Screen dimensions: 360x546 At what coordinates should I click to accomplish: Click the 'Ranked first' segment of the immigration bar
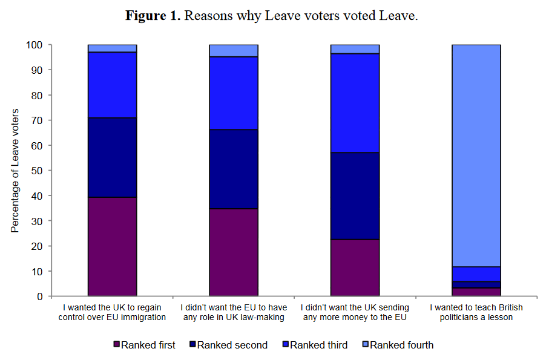click(112, 247)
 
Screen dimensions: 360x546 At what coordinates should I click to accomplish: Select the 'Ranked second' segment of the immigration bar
click(112, 157)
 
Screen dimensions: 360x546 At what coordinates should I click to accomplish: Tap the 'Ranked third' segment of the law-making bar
click(234, 93)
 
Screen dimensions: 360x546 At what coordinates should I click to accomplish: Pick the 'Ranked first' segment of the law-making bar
click(234, 252)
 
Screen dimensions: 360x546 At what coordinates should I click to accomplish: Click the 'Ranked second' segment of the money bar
click(355, 196)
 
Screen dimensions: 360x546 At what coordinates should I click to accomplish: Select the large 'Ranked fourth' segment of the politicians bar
click(476, 155)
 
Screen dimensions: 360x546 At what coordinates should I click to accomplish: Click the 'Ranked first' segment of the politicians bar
click(476, 292)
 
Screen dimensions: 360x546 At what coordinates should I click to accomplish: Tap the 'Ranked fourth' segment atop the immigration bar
click(112, 48)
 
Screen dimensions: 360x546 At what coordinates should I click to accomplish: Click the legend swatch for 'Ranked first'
click(117, 345)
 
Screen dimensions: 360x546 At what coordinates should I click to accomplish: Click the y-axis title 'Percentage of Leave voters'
click(15, 171)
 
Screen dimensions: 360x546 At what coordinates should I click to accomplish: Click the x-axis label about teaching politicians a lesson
click(476, 312)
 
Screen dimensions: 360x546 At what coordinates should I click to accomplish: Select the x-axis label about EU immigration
click(112, 312)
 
